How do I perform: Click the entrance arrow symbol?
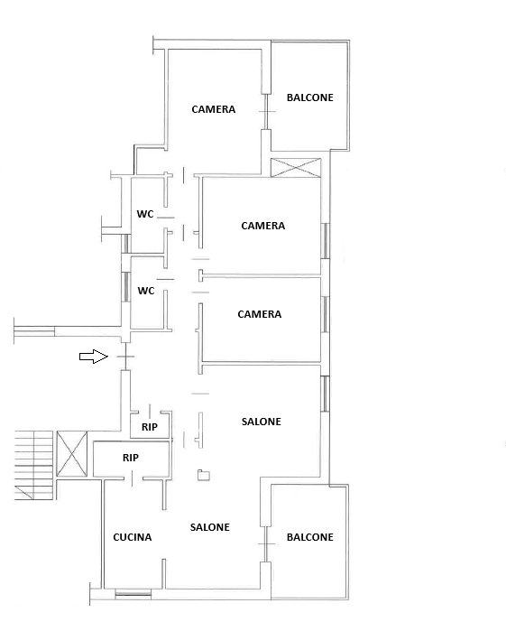pos(94,357)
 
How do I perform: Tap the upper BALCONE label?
pos(309,97)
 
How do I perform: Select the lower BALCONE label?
pos(309,537)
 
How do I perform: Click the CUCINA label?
pos(133,537)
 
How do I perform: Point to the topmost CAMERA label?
pos(213,109)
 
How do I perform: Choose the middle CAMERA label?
pos(263,226)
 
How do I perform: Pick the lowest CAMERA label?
pos(260,314)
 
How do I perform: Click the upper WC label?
pos(145,214)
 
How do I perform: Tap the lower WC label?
pos(146,291)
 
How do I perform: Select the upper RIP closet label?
pos(150,427)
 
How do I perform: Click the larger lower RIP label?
pos(131,458)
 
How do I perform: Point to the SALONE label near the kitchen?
pos(210,527)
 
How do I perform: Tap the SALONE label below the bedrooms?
pos(261,422)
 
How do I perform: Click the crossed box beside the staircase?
pos(71,454)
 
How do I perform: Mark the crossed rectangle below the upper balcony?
pos(296,167)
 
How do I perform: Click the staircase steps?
pos(33,465)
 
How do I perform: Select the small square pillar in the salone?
pos(204,475)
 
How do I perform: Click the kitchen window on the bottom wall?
pos(133,593)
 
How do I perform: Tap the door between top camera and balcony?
pos(265,112)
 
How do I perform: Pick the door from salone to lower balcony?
pos(265,544)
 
